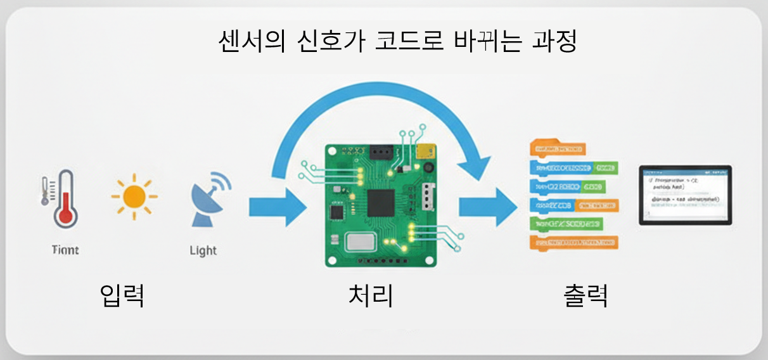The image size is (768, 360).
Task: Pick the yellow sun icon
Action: (134, 197)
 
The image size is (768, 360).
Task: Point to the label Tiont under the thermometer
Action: (65, 250)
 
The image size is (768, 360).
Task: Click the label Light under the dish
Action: (203, 250)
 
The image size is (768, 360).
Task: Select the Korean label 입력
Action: (123, 295)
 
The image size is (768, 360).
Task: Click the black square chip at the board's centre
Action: (380, 203)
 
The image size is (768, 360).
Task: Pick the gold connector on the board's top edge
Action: (425, 151)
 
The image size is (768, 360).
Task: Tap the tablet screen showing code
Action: (685, 195)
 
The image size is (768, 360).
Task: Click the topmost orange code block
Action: (556, 149)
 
